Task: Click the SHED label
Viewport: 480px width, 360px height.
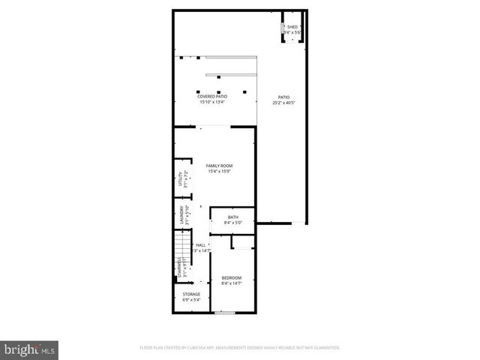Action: click(x=292, y=27)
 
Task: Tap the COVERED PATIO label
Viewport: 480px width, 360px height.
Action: click(x=212, y=96)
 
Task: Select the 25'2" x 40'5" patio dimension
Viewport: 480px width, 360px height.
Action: click(x=283, y=103)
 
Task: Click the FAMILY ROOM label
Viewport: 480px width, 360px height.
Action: click(x=220, y=165)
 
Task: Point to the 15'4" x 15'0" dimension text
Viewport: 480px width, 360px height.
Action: click(x=220, y=171)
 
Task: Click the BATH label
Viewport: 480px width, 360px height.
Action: click(x=233, y=217)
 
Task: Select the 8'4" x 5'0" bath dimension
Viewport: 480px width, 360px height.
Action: click(x=233, y=223)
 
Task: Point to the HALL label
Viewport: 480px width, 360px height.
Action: click(x=201, y=245)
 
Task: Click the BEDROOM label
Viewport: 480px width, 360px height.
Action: click(x=231, y=277)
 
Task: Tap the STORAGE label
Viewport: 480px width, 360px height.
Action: click(x=192, y=294)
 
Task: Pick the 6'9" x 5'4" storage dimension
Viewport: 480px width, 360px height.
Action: click(x=192, y=300)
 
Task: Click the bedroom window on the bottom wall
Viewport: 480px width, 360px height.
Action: click(x=224, y=313)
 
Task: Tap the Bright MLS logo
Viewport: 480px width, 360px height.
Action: click(x=30, y=349)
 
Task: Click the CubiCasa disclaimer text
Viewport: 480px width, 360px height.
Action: click(x=240, y=348)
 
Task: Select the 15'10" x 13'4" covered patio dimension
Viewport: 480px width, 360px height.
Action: click(x=212, y=102)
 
